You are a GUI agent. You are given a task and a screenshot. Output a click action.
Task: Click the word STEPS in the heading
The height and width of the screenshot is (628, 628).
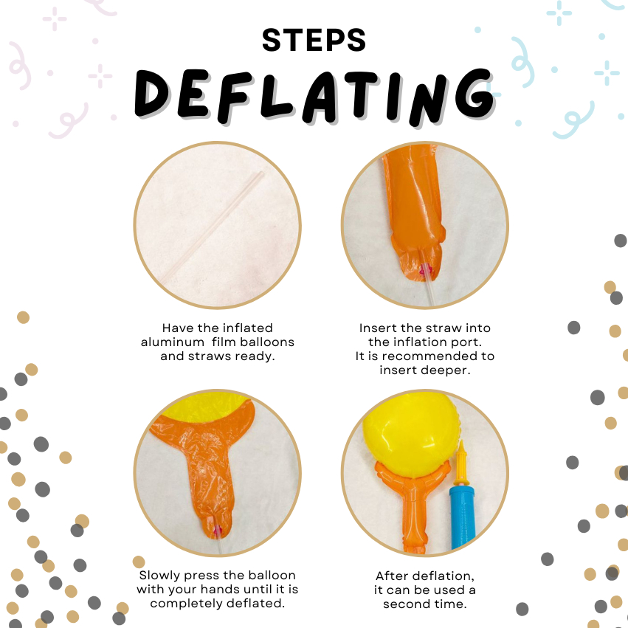(314, 40)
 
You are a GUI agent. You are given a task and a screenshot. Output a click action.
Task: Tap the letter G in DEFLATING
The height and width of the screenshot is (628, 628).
(475, 94)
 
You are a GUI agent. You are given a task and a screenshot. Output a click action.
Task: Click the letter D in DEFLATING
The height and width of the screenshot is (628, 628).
(152, 93)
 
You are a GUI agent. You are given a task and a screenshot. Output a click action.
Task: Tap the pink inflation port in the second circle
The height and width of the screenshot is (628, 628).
(424, 272)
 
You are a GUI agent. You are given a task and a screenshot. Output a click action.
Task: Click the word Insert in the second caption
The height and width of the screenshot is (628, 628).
(378, 328)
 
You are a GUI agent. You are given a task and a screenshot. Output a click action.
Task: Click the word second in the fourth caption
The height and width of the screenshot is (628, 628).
(404, 604)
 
